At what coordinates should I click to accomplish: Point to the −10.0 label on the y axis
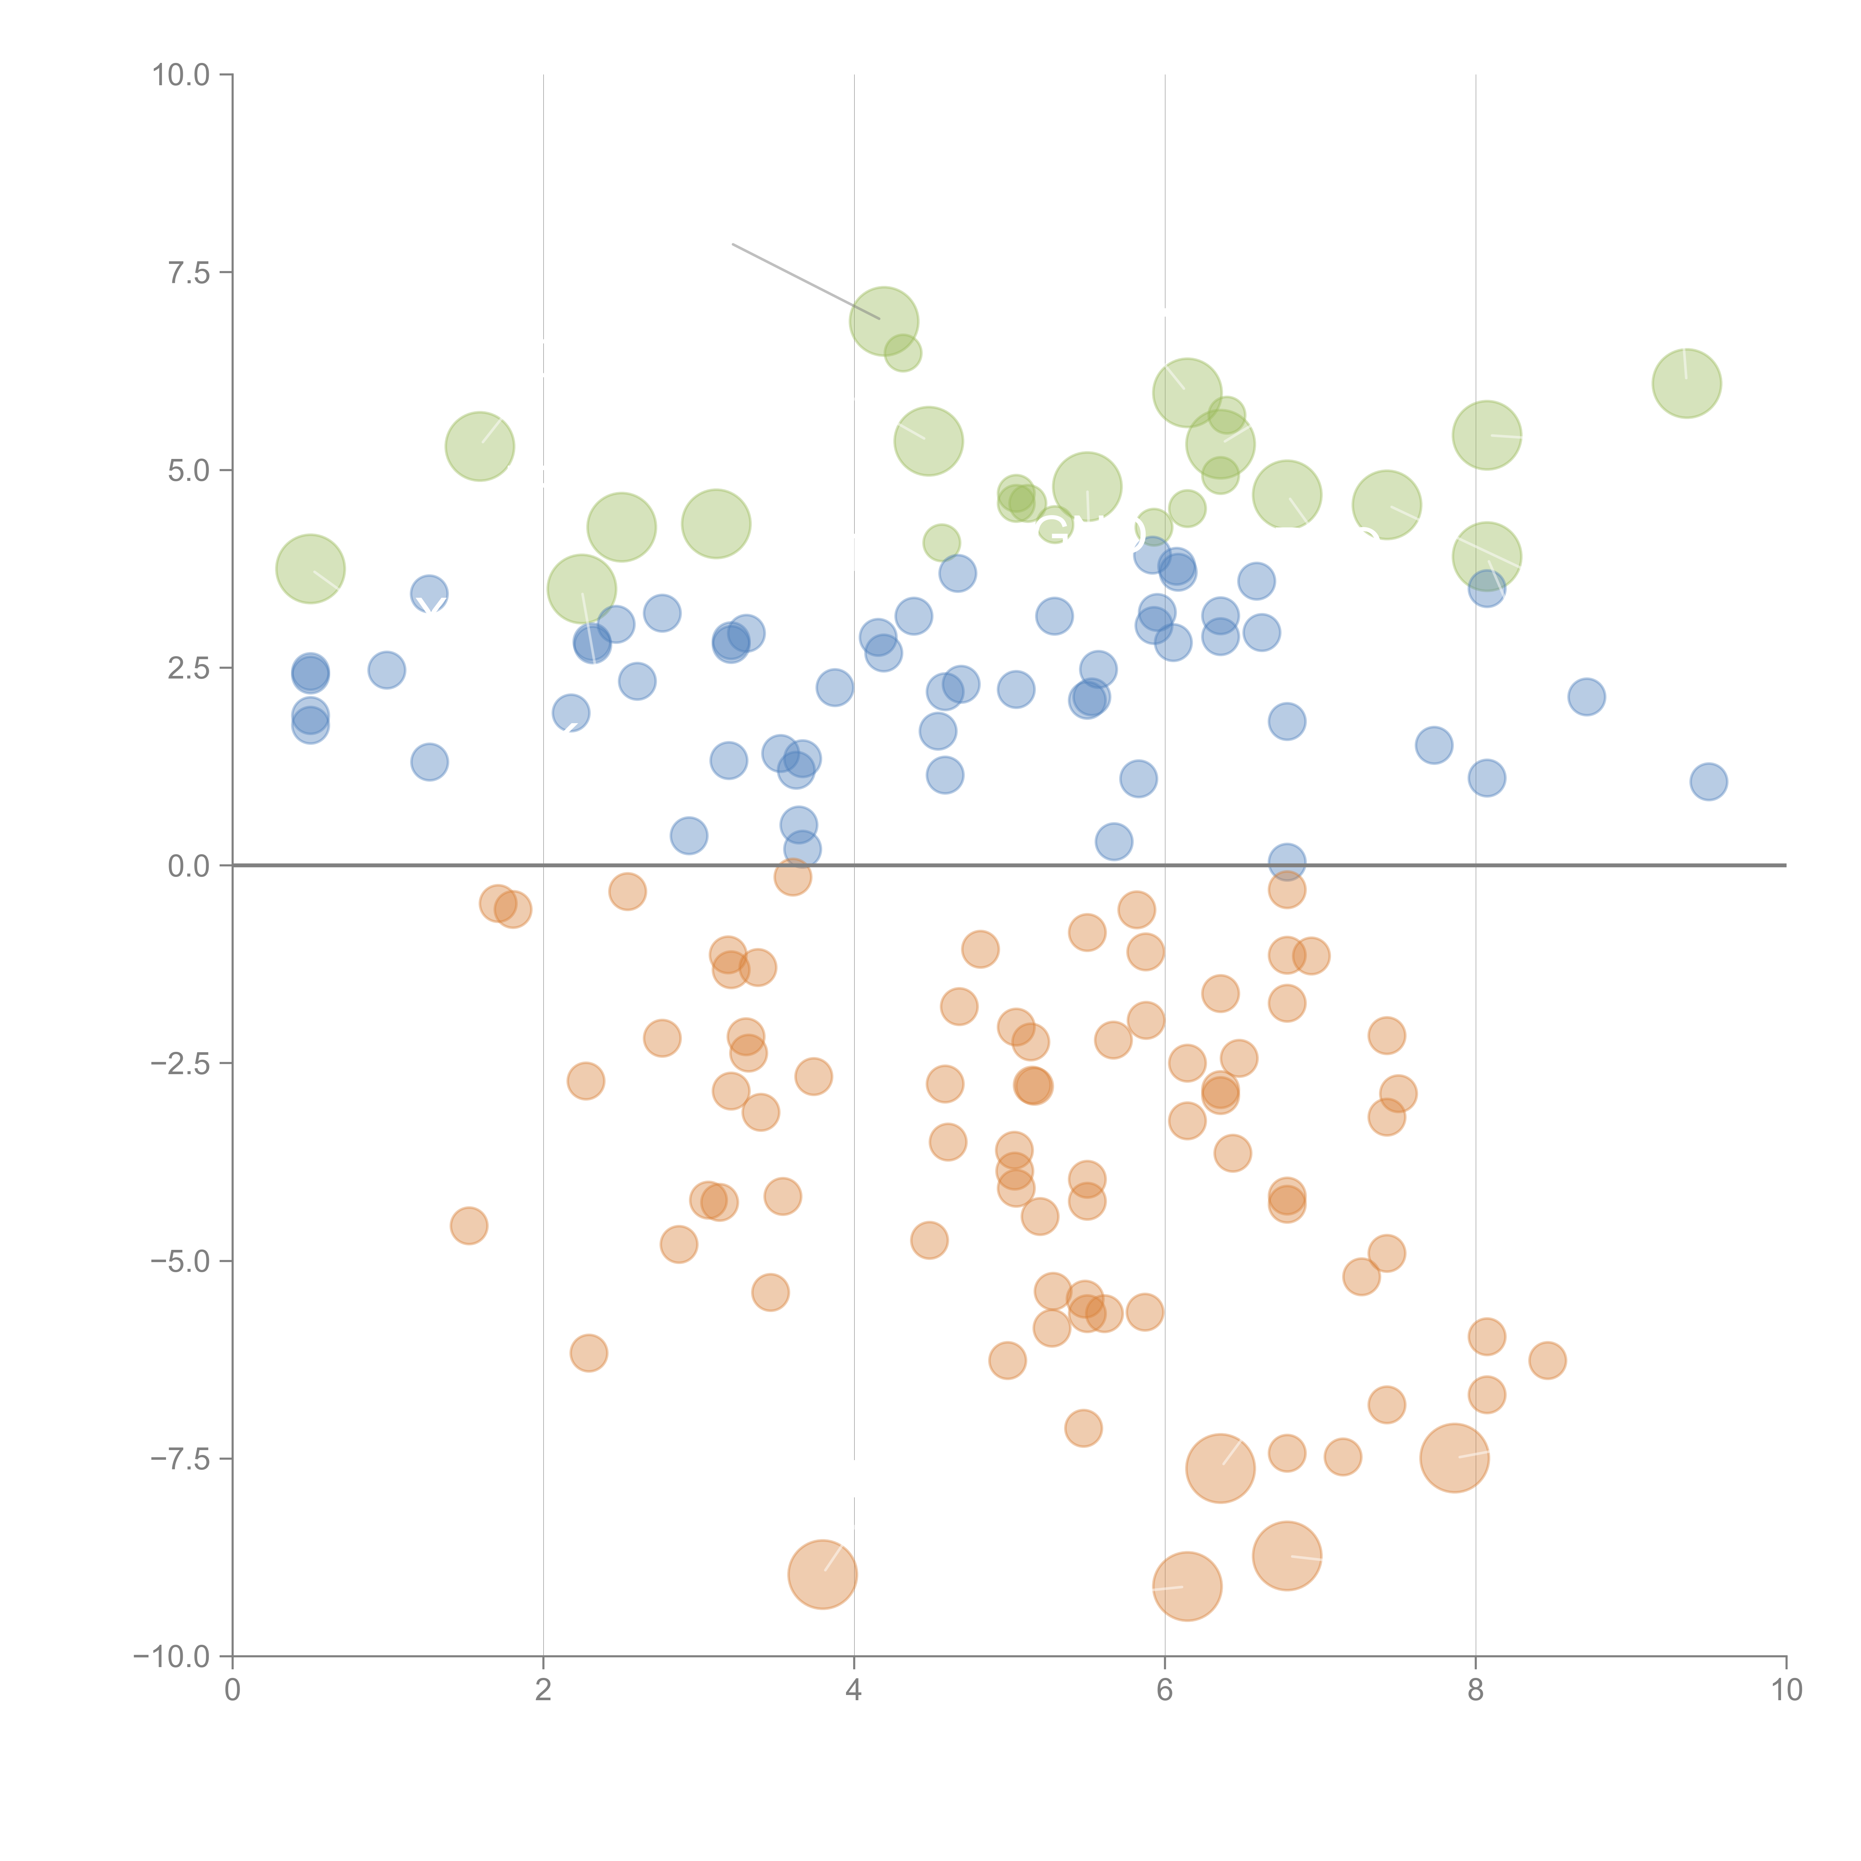(172, 1657)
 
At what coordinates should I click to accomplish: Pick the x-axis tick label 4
(853, 1691)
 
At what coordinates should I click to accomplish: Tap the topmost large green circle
(883, 321)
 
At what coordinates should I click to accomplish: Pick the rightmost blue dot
(1708, 781)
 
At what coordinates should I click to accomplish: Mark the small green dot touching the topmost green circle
(903, 354)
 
